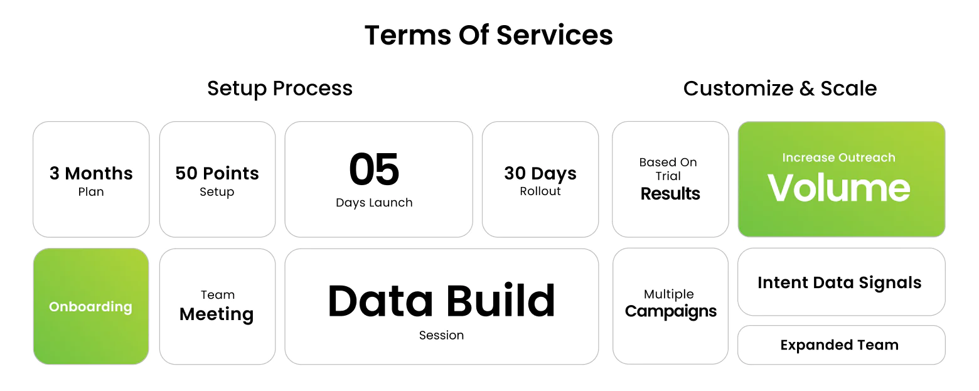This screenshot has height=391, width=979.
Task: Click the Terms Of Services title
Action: [x=489, y=35]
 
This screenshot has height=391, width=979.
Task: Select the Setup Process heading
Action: [x=280, y=88]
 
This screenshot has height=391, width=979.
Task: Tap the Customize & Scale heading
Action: [x=779, y=88]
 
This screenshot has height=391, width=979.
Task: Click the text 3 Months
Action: [x=91, y=173]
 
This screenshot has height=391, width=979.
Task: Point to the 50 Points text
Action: [x=217, y=173]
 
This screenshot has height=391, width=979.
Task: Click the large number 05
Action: [x=374, y=169]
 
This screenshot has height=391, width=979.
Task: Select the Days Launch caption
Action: [x=374, y=203]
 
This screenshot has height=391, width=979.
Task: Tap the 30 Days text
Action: [x=540, y=173]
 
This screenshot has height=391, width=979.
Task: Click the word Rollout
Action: [x=540, y=191]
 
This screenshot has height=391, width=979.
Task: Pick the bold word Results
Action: [x=670, y=193]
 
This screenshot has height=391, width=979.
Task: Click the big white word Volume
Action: [x=839, y=188]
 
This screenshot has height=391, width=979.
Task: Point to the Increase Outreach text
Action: [x=838, y=158]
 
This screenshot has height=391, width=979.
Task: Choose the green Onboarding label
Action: [x=90, y=307]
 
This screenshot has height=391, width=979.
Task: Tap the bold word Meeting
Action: [x=217, y=314]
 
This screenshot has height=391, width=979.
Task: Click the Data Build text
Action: [x=441, y=301]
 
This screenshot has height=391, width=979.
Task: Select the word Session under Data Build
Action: [x=441, y=335]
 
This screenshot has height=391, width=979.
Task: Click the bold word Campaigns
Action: [x=670, y=311]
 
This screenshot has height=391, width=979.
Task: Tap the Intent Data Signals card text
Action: [x=840, y=282]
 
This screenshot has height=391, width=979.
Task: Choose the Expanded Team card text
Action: [x=840, y=345]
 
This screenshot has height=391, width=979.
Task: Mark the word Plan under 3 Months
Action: [x=91, y=192]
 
